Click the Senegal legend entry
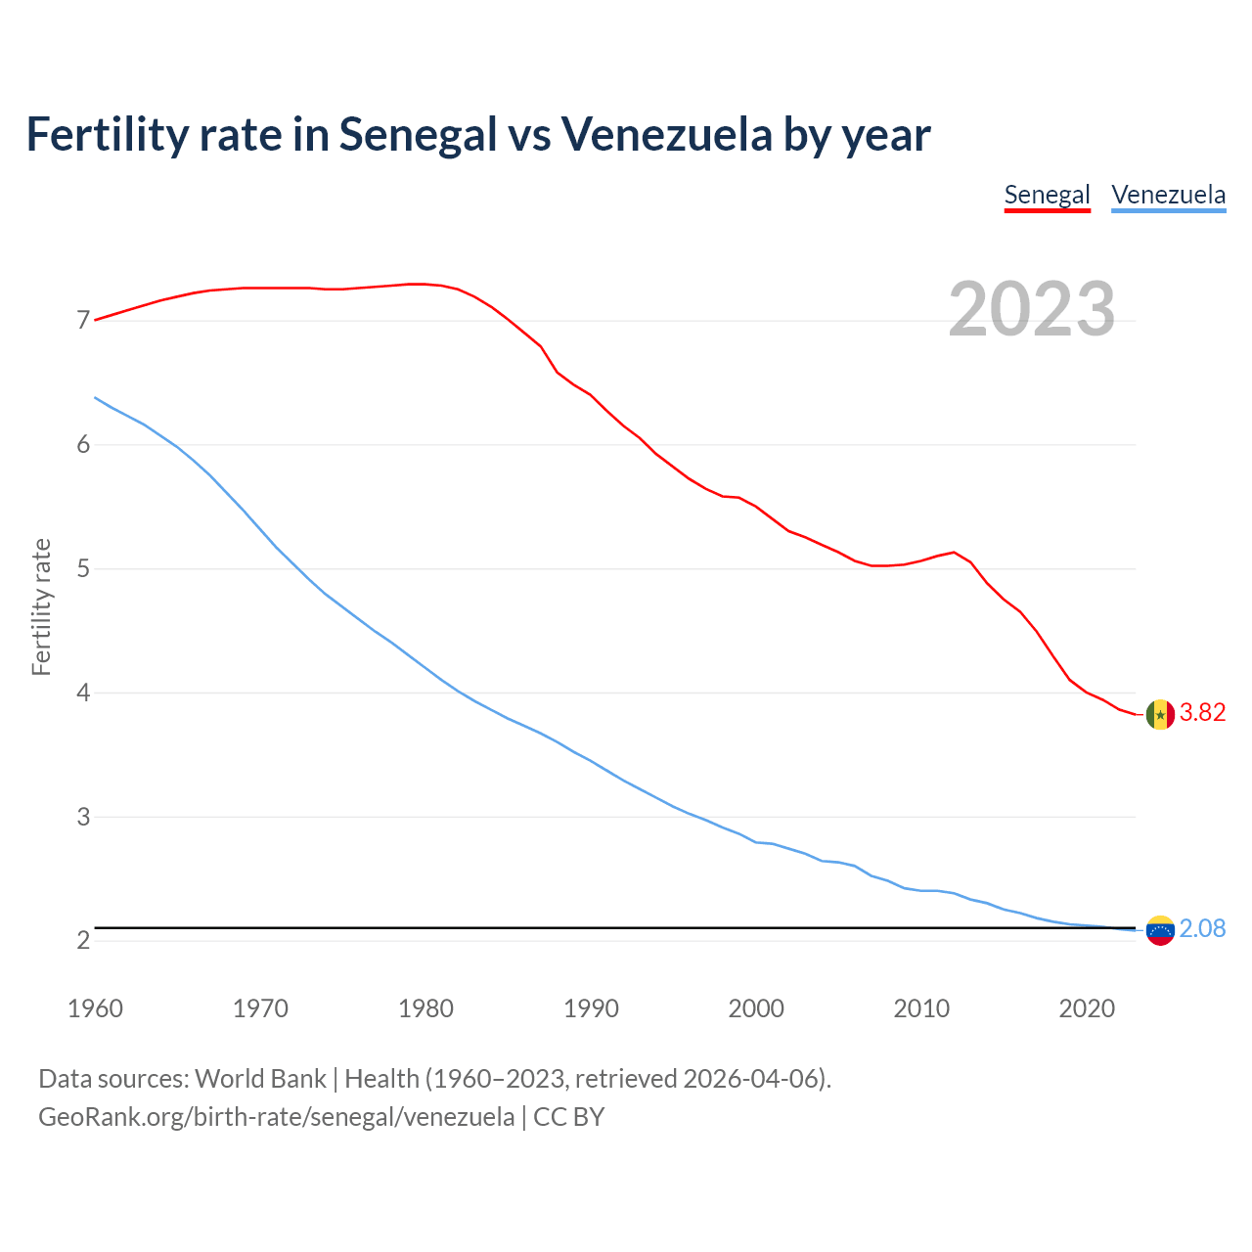tap(1047, 195)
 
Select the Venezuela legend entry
tap(1168, 195)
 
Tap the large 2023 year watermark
tap(1031, 309)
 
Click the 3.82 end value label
tap(1202, 713)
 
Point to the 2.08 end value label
tap(1202, 928)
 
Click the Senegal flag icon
tap(1160, 715)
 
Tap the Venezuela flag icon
tap(1160, 930)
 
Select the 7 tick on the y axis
tap(83, 321)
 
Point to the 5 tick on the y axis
tap(83, 568)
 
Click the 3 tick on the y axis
tap(83, 817)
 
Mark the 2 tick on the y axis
tap(83, 940)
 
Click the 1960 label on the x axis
tap(95, 1008)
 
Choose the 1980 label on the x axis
tap(425, 1008)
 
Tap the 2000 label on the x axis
tap(756, 1008)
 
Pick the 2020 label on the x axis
tap(1087, 1008)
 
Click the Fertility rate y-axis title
tap(41, 606)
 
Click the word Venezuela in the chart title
tap(666, 134)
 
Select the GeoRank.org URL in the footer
tap(276, 1116)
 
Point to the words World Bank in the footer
tap(260, 1079)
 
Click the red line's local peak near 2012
tap(954, 553)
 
